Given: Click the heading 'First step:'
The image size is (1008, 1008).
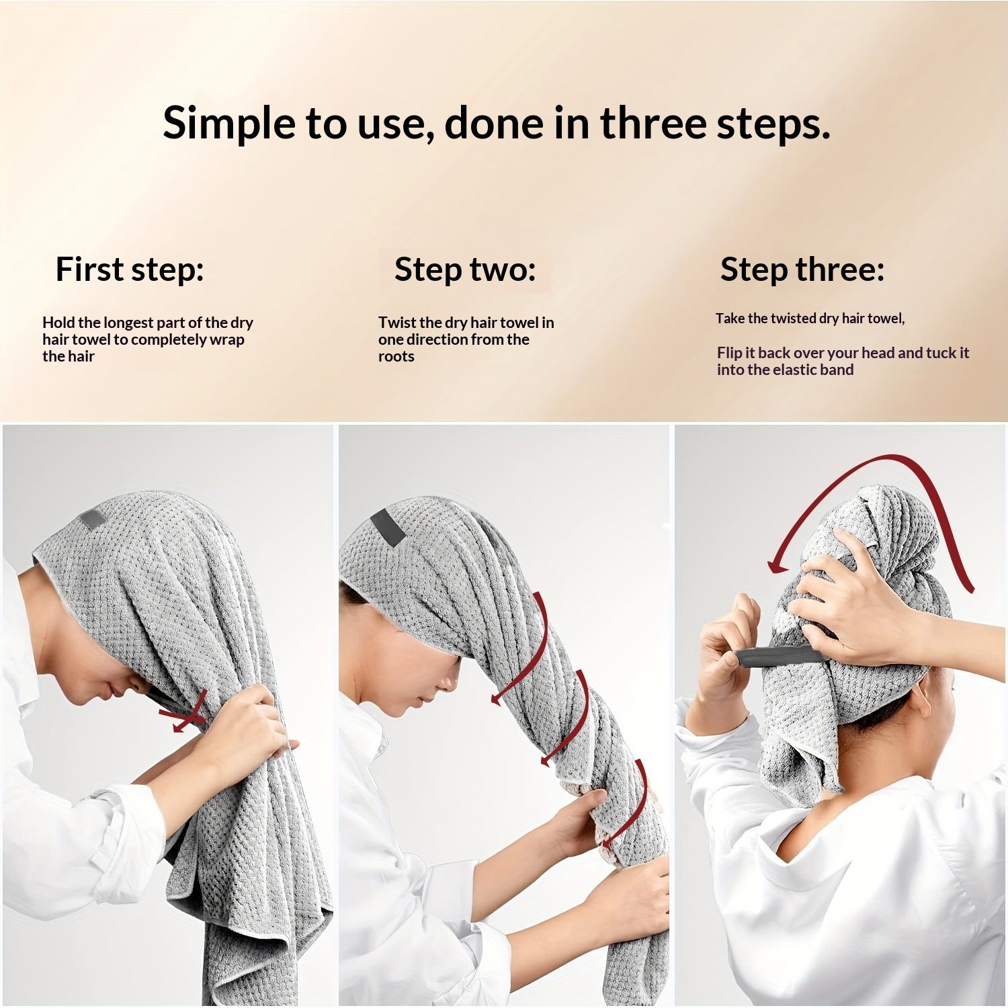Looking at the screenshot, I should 130,269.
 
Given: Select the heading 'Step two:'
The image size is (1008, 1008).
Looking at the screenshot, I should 465,269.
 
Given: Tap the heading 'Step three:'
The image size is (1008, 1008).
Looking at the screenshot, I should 802,269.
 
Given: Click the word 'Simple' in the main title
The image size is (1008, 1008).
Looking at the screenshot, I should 228,124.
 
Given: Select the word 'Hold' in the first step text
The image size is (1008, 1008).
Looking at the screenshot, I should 58,323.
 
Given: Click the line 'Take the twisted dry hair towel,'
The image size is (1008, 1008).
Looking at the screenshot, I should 810,319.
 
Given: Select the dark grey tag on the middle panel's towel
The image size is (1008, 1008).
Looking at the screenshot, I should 388,526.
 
